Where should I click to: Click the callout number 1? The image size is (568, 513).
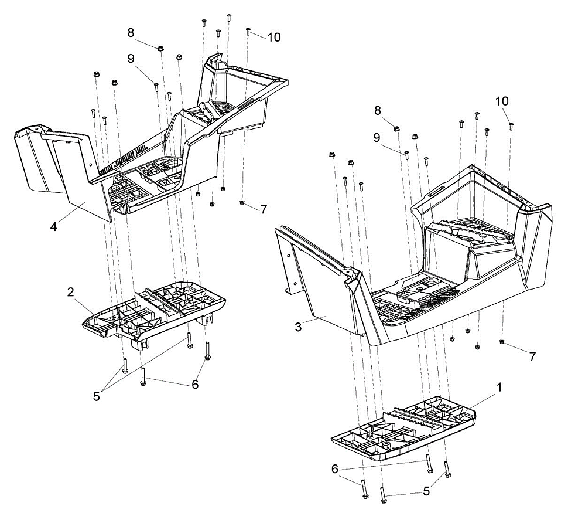[x=499, y=388]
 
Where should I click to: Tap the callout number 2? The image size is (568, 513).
[x=71, y=292]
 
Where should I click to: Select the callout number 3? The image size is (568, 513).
[x=298, y=327]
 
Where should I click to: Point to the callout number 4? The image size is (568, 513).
[x=54, y=227]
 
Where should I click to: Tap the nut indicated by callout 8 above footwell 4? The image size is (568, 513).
[x=160, y=48]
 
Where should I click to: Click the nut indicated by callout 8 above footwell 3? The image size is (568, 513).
[x=396, y=128]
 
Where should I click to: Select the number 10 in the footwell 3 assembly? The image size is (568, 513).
[x=502, y=101]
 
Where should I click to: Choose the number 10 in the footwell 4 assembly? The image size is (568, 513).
[x=274, y=37]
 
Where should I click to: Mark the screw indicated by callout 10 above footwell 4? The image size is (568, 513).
[x=248, y=31]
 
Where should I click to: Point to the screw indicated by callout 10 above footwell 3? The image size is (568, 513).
[x=511, y=126]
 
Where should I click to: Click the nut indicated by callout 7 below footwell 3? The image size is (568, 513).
[x=502, y=341]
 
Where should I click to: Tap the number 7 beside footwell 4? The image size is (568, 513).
[x=264, y=209]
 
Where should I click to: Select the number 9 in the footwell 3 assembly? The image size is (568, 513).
[x=377, y=137]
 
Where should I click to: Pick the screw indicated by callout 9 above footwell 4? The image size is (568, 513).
[x=156, y=87]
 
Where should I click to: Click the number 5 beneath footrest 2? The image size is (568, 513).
[x=96, y=396]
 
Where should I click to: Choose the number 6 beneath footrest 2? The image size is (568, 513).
[x=195, y=384]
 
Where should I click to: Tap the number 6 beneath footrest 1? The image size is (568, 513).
[x=335, y=469]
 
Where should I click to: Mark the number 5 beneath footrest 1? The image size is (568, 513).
[x=426, y=491]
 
